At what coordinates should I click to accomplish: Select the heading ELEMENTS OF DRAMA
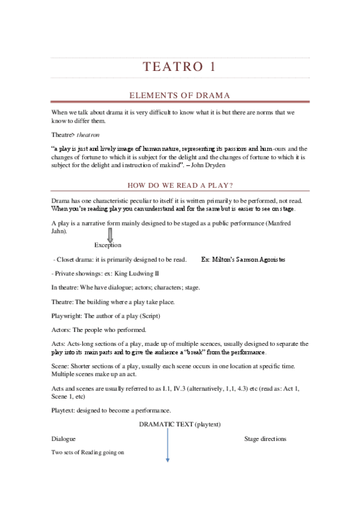coord(180,96)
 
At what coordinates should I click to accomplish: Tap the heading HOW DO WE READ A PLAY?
coord(180,185)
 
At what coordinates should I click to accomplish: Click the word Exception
coord(108,245)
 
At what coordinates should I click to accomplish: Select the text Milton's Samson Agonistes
coord(243,259)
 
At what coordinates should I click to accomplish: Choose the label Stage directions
coord(265,438)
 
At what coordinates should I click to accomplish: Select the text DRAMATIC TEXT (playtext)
coord(180,425)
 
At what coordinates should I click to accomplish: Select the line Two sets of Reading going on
coord(88,452)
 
